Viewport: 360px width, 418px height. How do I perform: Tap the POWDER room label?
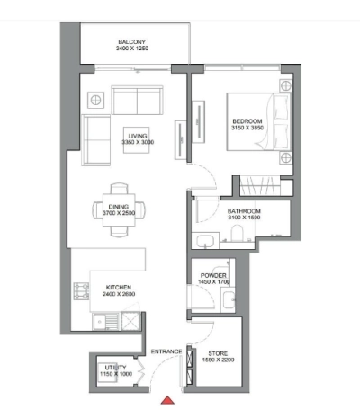(212, 276)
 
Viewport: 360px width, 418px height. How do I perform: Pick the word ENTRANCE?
(166, 351)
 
